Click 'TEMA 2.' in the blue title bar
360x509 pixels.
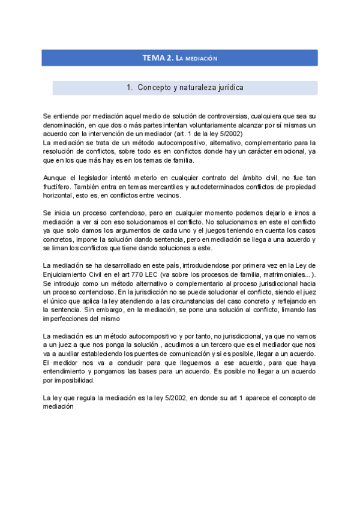[158, 58]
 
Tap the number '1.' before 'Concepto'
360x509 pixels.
[130, 88]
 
